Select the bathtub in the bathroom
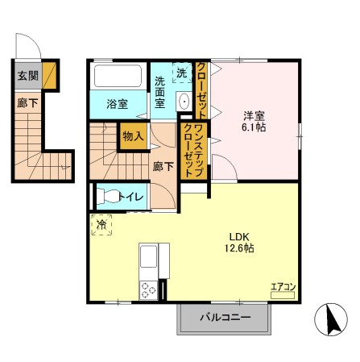[x=119, y=77]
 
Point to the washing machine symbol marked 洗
[x=181, y=73]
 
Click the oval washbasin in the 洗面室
[x=183, y=102]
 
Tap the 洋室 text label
[x=252, y=114]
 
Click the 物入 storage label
[x=132, y=136]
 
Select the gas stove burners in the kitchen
[x=149, y=289]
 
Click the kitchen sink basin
[x=149, y=259]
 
